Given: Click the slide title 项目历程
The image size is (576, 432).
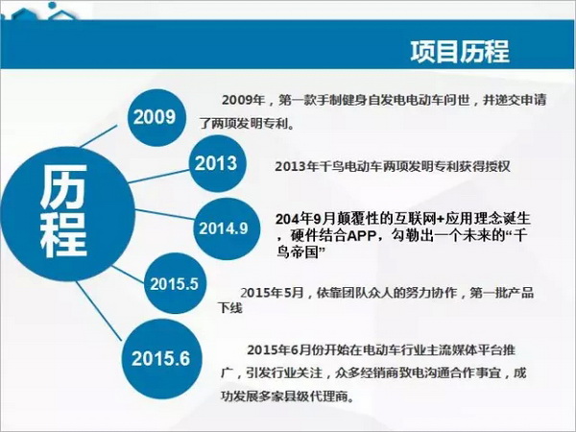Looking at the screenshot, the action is [460, 52].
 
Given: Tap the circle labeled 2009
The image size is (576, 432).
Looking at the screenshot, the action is [155, 117].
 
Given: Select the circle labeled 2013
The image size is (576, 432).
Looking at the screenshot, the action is [218, 163].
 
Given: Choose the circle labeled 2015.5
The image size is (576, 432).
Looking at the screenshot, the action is [174, 283].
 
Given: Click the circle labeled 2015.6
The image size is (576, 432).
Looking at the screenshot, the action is [161, 358].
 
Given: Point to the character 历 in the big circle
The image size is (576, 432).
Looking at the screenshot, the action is [63, 186].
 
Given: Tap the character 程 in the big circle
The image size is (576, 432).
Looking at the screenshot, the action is [63, 234].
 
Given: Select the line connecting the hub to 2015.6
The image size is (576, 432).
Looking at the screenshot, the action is [99, 311].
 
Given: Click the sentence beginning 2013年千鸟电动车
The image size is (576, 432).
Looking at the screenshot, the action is [393, 167].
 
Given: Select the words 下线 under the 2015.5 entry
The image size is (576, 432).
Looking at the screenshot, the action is [230, 308].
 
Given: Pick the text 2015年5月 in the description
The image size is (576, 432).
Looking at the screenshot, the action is [272, 293].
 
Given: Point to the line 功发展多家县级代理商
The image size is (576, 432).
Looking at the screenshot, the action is [288, 396].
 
